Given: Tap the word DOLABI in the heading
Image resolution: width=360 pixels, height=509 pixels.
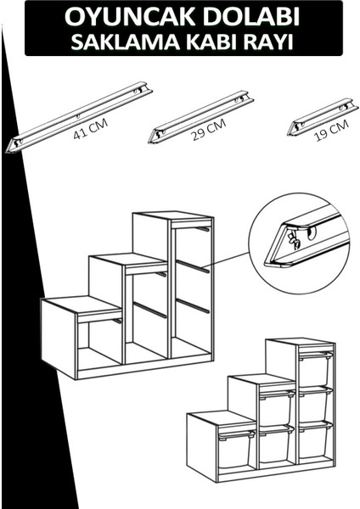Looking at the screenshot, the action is pos(244,17).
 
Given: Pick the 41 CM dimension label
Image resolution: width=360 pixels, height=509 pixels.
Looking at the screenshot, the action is pos(90,130).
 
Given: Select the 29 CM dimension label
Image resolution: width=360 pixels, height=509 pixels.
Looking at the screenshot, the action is pos(209,131).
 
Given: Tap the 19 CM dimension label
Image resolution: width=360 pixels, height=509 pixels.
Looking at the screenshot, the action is pos(332,131).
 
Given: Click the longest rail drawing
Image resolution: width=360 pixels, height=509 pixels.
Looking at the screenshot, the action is pos(79,117).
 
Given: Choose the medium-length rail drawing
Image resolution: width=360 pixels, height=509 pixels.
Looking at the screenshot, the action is pos(200,117).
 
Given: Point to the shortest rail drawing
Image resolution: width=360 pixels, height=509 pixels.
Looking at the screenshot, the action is pos(323,117).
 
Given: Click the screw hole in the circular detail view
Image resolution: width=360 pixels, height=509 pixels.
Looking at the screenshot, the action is pos(312,233).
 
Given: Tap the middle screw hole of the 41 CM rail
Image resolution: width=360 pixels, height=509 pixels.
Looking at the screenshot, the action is pos(78,116).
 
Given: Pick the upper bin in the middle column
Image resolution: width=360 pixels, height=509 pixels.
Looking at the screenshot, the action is pos(276,408).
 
